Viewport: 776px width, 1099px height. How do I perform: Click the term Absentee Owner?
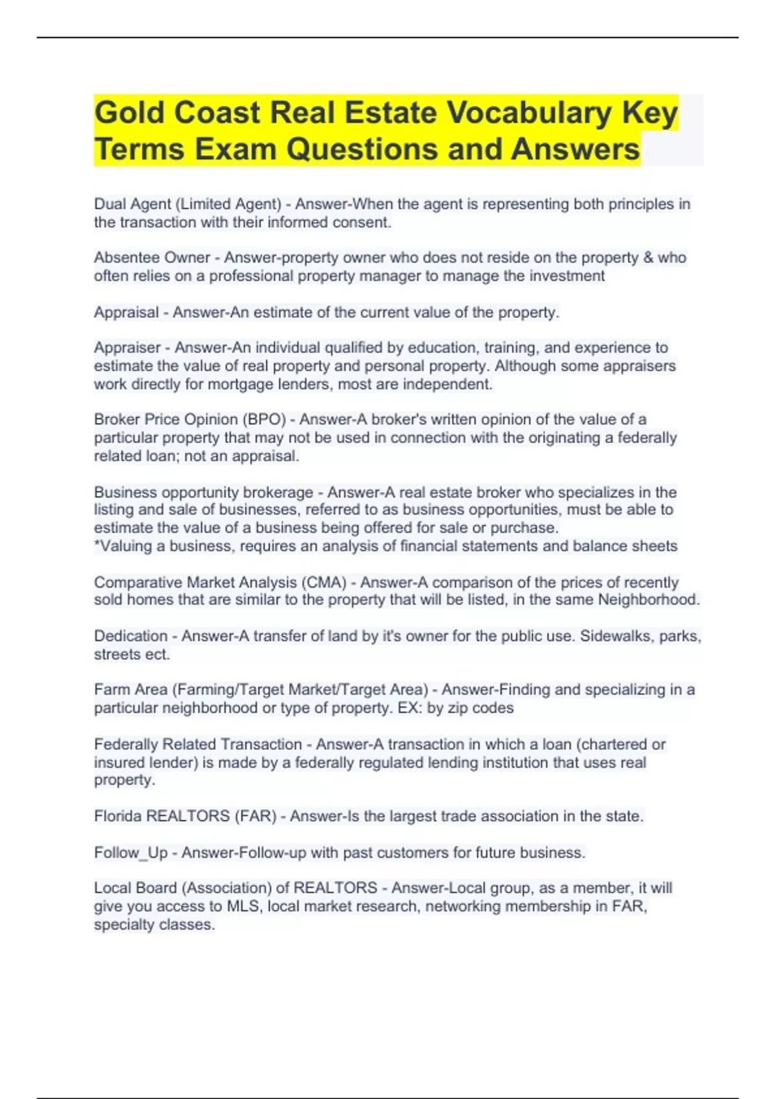point(152,258)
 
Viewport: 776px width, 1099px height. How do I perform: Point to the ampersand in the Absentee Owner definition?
point(648,258)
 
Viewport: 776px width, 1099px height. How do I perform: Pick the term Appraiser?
point(127,348)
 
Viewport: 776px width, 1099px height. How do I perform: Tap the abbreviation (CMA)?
point(323,582)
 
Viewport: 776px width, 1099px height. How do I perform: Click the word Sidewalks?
point(616,636)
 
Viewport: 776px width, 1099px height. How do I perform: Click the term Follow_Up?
point(131,853)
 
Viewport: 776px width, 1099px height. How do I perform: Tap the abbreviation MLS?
point(243,906)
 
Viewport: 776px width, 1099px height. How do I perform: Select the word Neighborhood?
point(648,600)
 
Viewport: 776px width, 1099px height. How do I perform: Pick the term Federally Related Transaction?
point(198,745)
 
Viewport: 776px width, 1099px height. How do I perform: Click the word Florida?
point(118,816)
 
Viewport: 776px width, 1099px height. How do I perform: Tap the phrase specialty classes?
point(154,925)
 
